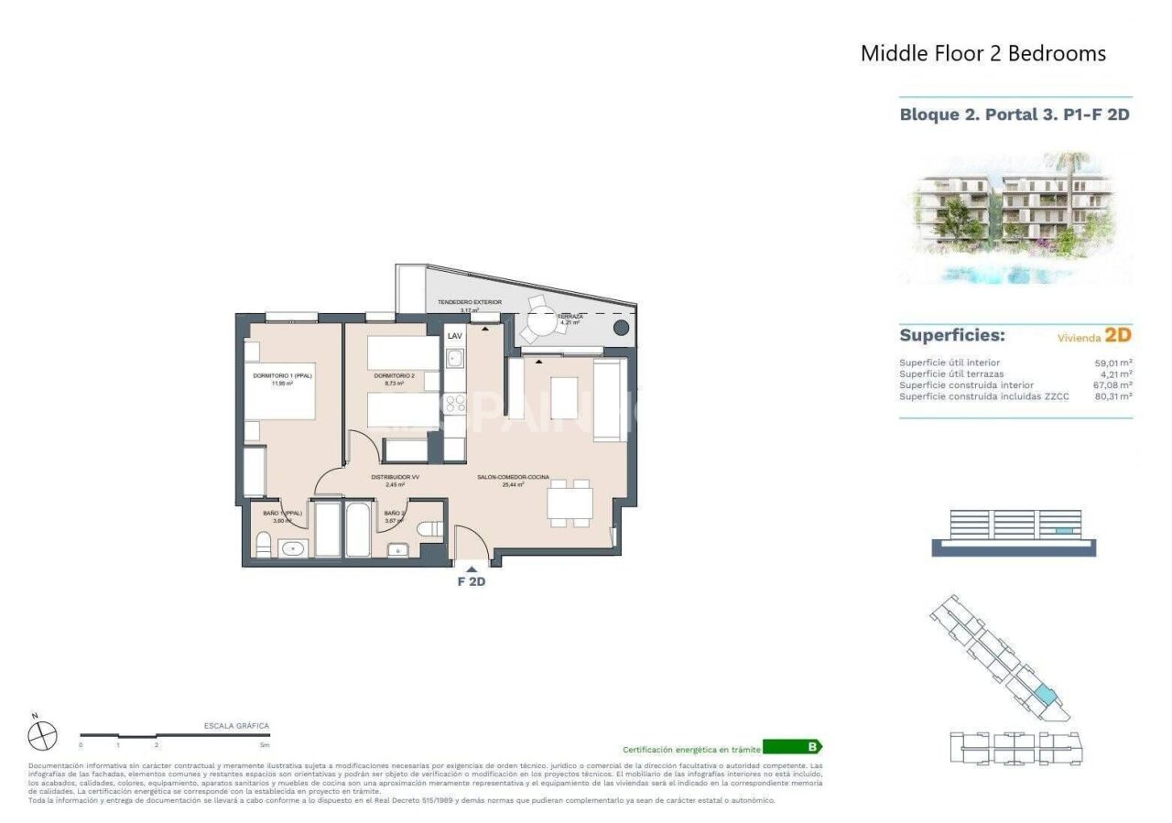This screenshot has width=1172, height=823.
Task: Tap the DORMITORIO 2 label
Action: pyautogui.click(x=395, y=375)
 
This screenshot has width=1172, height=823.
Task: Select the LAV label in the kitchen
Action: pyautogui.click(x=455, y=336)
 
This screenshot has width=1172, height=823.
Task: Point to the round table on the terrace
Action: pyautogui.click(x=540, y=323)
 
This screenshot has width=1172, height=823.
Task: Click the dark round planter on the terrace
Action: pyautogui.click(x=621, y=328)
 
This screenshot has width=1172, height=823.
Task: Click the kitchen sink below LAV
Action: pyautogui.click(x=455, y=359)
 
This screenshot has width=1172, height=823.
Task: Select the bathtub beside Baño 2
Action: pyautogui.click(x=357, y=529)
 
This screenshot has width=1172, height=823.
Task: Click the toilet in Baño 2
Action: pyautogui.click(x=430, y=529)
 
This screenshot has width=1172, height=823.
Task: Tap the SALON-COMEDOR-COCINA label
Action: pyautogui.click(x=513, y=477)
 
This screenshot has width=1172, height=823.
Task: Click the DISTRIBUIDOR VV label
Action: pyautogui.click(x=395, y=477)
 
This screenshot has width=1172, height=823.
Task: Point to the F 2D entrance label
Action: pyautogui.click(x=472, y=581)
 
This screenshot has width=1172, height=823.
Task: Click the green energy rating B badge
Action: pyautogui.click(x=792, y=747)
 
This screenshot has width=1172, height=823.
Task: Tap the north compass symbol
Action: pyautogui.click(x=42, y=735)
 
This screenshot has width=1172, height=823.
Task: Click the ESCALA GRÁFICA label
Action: pyautogui.click(x=236, y=725)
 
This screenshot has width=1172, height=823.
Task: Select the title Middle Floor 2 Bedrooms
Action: pyautogui.click(x=983, y=53)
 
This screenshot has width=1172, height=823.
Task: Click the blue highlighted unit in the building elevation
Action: pyautogui.click(x=1062, y=531)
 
